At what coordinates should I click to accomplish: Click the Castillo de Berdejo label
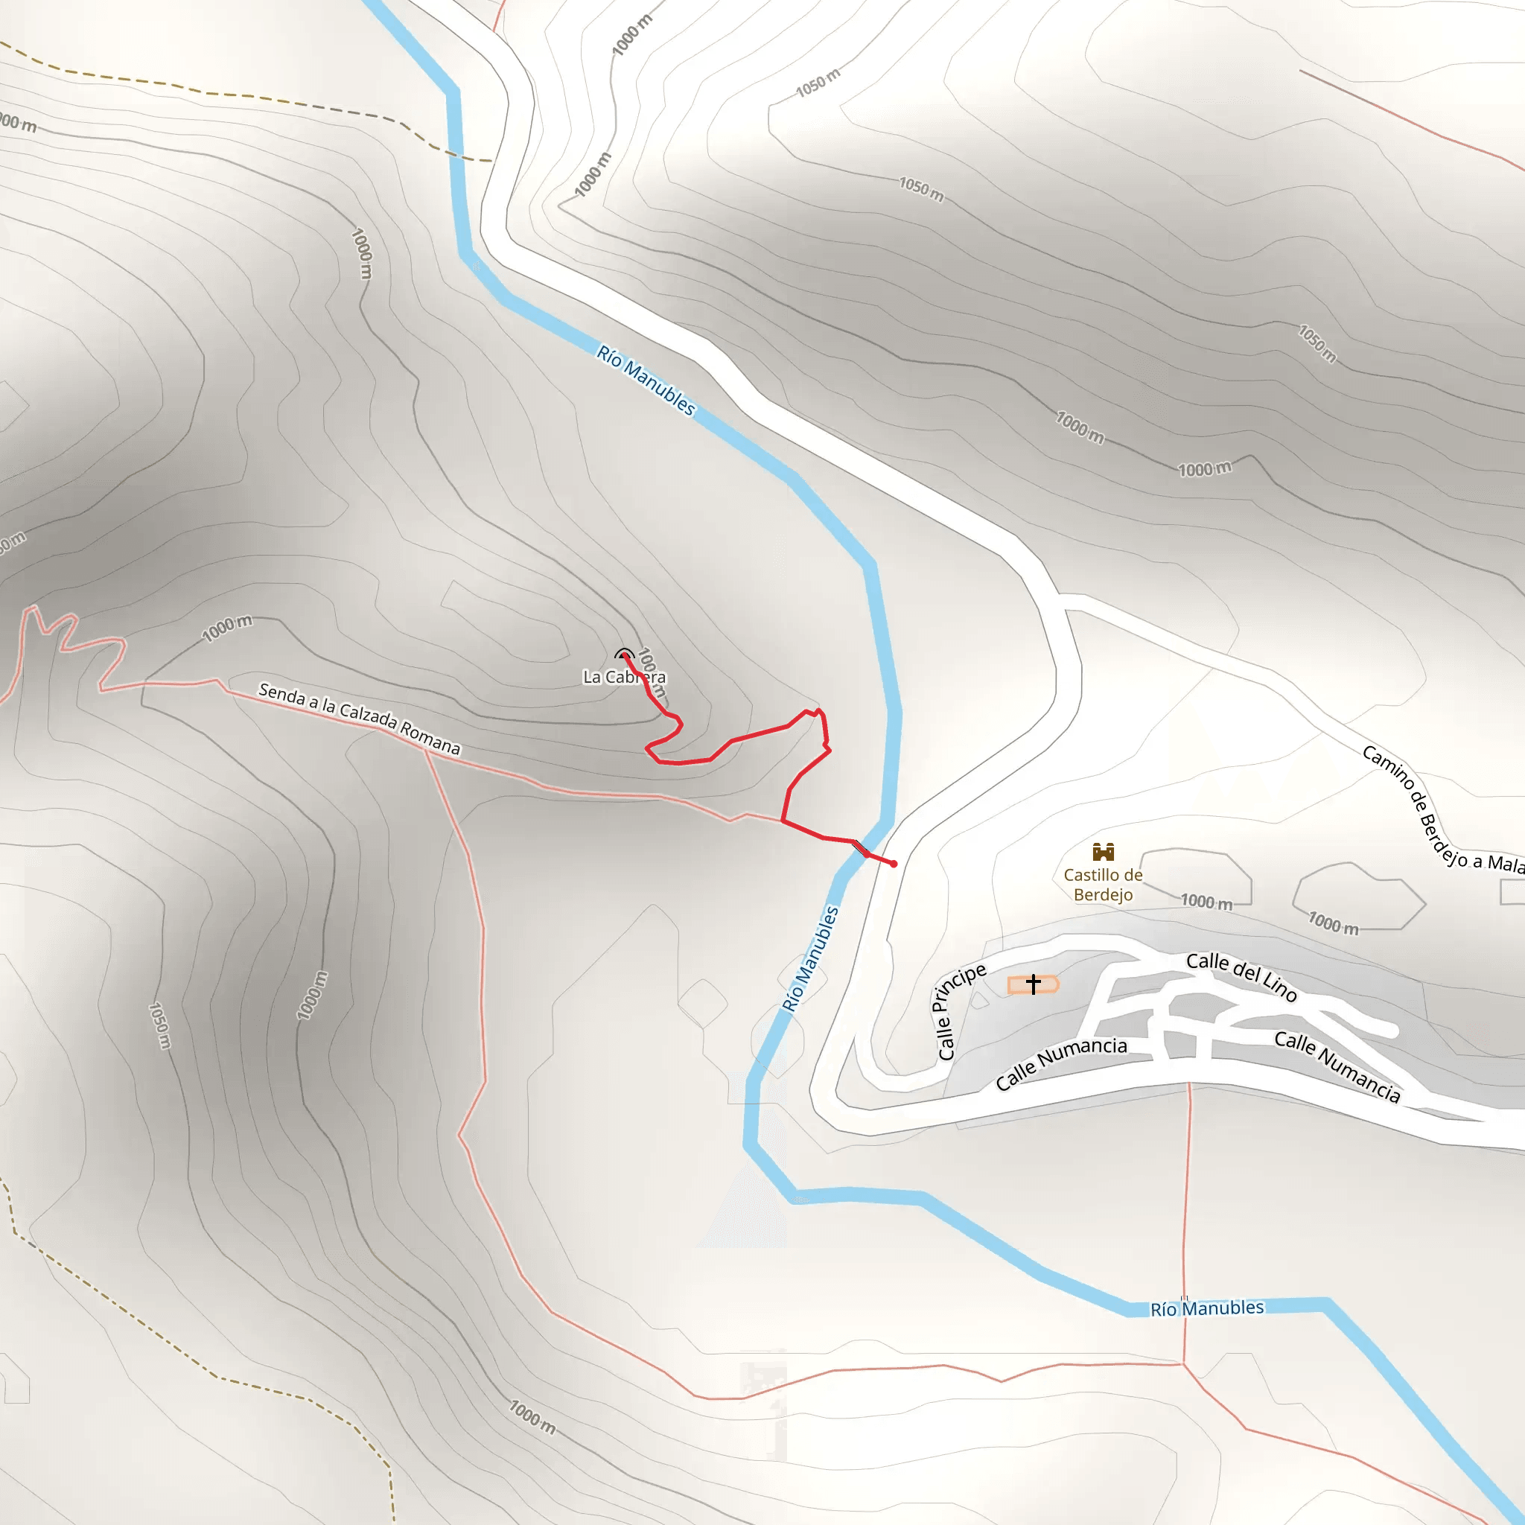(1103, 884)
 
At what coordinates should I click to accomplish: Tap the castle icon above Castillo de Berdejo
(1103, 851)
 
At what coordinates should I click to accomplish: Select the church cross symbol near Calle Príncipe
(1034, 984)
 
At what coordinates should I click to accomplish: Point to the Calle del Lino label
(1241, 975)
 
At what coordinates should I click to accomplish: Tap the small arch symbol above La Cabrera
(623, 654)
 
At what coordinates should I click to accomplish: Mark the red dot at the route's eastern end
(894, 865)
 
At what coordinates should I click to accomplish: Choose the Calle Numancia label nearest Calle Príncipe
(1061, 1063)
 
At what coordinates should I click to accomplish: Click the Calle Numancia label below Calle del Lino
(1337, 1066)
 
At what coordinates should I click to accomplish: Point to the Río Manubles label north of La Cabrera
(646, 380)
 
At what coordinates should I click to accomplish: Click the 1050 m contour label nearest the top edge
(818, 83)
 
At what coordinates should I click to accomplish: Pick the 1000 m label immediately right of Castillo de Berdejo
(1206, 902)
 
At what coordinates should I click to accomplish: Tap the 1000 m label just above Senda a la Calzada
(226, 628)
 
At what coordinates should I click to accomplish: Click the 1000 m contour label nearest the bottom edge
(532, 1418)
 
